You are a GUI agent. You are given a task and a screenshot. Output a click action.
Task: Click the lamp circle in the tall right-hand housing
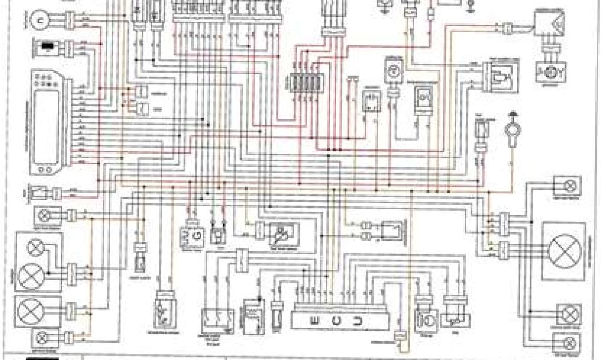[x=563, y=250]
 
